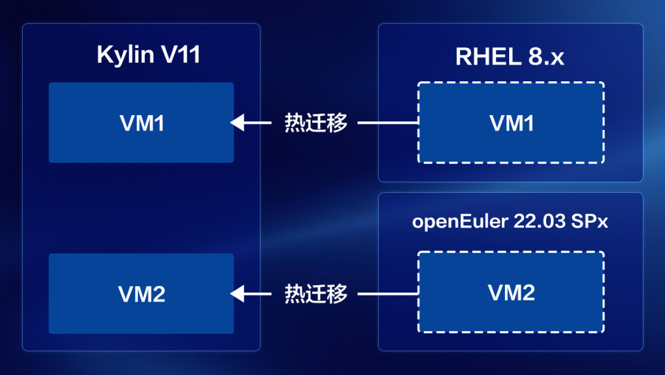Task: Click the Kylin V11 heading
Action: (x=148, y=55)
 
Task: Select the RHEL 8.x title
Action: (x=510, y=57)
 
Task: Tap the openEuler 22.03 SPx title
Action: (x=510, y=222)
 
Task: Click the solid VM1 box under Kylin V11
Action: (x=141, y=123)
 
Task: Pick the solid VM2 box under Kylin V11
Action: (x=141, y=294)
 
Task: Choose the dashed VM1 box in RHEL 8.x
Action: (x=510, y=123)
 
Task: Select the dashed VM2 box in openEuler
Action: (x=510, y=292)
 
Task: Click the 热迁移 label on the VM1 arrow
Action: (x=315, y=123)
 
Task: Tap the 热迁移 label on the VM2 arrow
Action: (x=315, y=294)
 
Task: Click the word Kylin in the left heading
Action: (x=125, y=55)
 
